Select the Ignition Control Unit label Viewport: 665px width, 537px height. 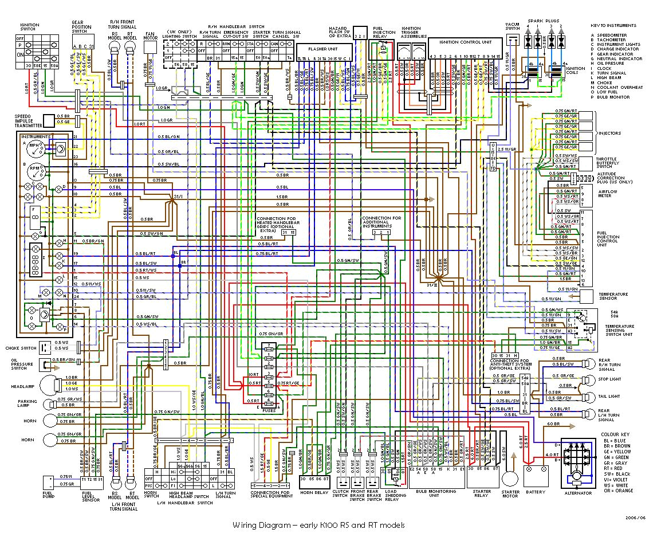pos(465,42)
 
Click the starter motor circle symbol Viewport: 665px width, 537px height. pos(510,478)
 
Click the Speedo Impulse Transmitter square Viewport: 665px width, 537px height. pos(50,120)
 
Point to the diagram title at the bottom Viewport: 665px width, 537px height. pos(318,525)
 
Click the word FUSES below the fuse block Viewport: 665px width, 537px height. pos(269,410)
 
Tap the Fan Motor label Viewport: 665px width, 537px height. pos(151,38)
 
